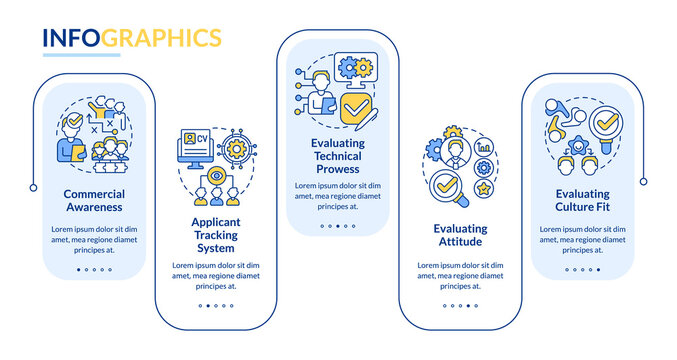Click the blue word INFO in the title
pos(71,38)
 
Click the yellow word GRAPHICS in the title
pos(161,38)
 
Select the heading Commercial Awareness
pos(93,200)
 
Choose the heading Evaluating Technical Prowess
pos(337,157)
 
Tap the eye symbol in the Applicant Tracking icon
pos(215,176)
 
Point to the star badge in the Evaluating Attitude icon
pos(483,186)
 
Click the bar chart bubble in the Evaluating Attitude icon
pos(485,145)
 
